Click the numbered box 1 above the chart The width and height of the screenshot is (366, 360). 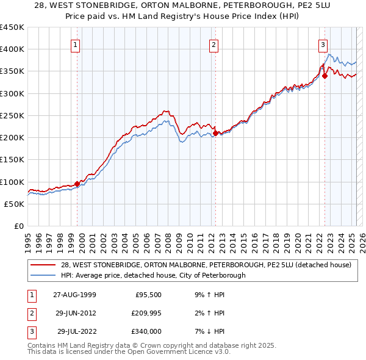tap(75, 44)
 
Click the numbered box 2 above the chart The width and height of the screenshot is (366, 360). tap(214, 44)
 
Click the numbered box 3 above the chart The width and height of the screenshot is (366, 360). tap(322, 44)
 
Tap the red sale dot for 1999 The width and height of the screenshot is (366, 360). tap(77, 183)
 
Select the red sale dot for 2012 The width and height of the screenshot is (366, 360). tap(216, 132)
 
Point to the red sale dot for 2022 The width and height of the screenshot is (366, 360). tap(325, 76)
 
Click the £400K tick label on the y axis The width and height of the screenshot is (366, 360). tap(12, 49)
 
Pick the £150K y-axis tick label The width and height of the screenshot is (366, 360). tap(12, 160)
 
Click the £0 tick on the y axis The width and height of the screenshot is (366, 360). tap(18, 226)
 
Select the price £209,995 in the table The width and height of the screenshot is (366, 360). tap(145, 313)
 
